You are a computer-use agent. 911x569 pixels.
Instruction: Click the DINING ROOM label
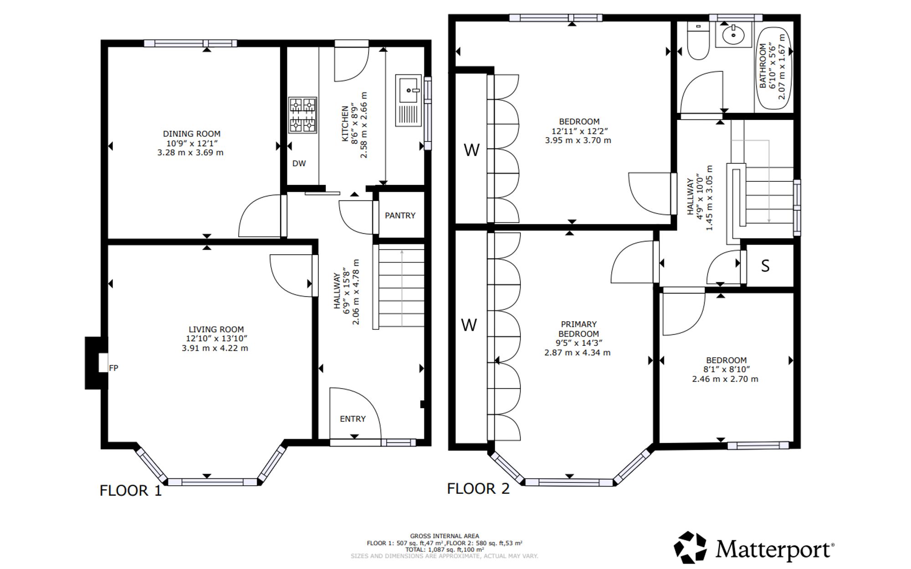tap(192, 134)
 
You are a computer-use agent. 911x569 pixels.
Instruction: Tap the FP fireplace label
tap(113, 368)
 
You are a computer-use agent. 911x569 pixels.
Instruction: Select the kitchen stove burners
tap(303, 115)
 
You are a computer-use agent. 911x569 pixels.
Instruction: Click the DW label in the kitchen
tap(299, 164)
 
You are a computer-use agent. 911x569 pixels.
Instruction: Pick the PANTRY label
tap(400, 215)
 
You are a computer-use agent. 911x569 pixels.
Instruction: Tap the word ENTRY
tap(353, 419)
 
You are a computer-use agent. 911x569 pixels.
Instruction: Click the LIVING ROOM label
tap(216, 329)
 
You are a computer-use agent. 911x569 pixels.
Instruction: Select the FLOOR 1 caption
tap(131, 491)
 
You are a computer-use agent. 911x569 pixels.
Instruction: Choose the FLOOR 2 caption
tap(478, 489)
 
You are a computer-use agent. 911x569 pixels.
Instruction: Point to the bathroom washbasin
tap(733, 35)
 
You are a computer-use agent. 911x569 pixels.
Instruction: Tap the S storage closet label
tap(765, 266)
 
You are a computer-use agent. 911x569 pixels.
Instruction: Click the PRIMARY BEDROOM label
tap(578, 329)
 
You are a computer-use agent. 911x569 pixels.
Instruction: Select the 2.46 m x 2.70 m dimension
tap(725, 379)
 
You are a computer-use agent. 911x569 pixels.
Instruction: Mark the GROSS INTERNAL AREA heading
tap(445, 536)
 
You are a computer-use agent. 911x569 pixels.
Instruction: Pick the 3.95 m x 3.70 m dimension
tap(578, 140)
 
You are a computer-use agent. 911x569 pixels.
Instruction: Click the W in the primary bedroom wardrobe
tap(469, 325)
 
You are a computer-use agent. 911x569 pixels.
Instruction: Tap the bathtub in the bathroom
tap(775, 68)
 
